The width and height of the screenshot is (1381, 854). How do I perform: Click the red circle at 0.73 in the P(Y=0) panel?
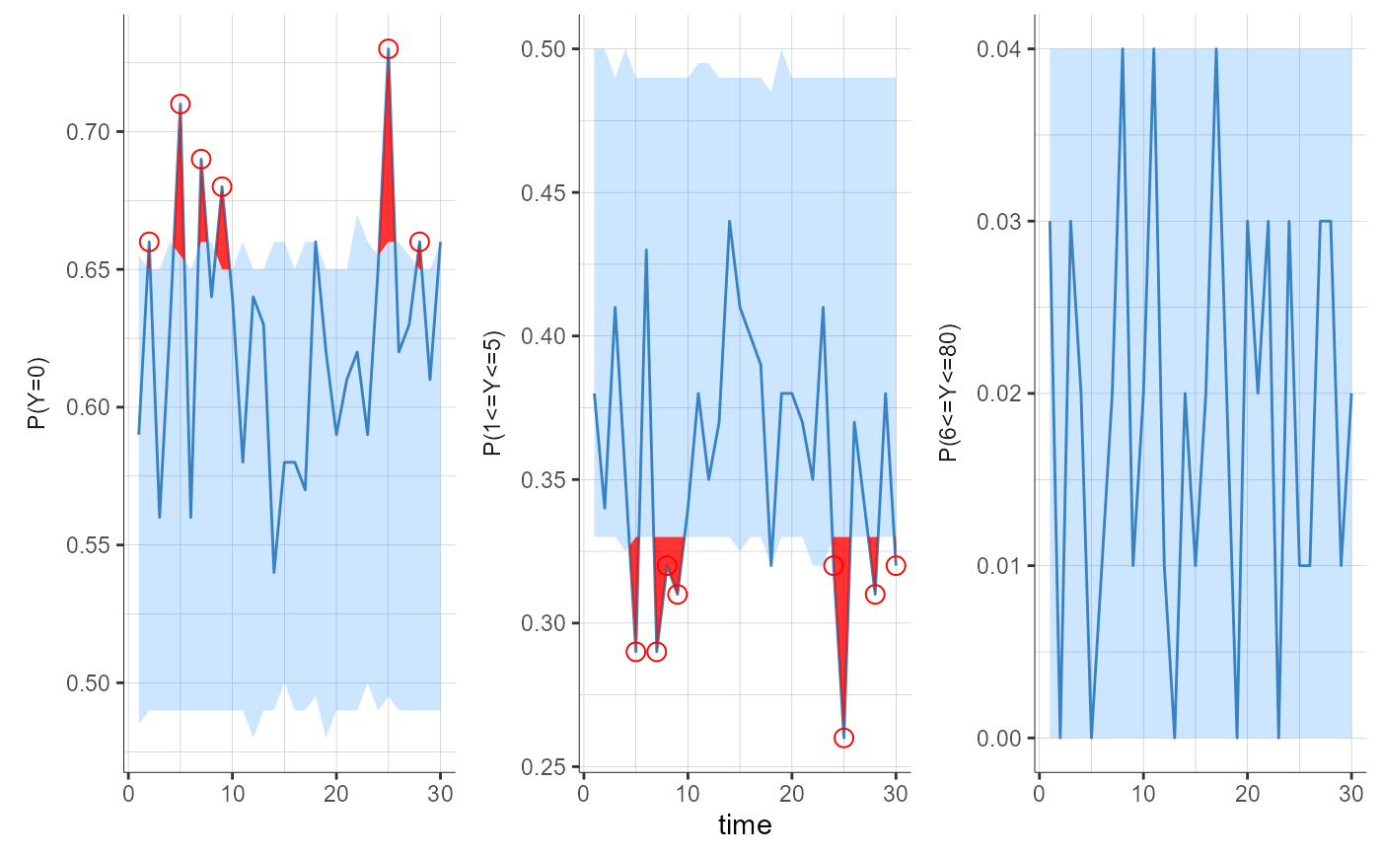coord(388,49)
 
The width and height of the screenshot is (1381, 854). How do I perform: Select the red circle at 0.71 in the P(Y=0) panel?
coord(180,104)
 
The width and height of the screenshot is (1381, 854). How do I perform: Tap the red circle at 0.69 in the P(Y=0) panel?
coord(200,159)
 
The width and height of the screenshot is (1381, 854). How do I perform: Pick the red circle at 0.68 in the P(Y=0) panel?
coord(222,186)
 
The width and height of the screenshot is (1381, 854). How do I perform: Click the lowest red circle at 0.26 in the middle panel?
coord(843,738)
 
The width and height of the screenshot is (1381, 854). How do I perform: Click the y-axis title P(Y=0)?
coord(36,392)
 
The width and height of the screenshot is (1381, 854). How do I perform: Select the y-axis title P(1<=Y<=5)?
coord(492,392)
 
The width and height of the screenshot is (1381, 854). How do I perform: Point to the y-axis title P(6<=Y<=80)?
coord(948,392)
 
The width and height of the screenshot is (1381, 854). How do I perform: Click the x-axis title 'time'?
coord(745,824)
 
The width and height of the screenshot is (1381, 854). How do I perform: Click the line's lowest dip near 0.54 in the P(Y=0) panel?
coord(274,572)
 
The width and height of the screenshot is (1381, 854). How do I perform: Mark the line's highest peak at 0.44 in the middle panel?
coord(729,221)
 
